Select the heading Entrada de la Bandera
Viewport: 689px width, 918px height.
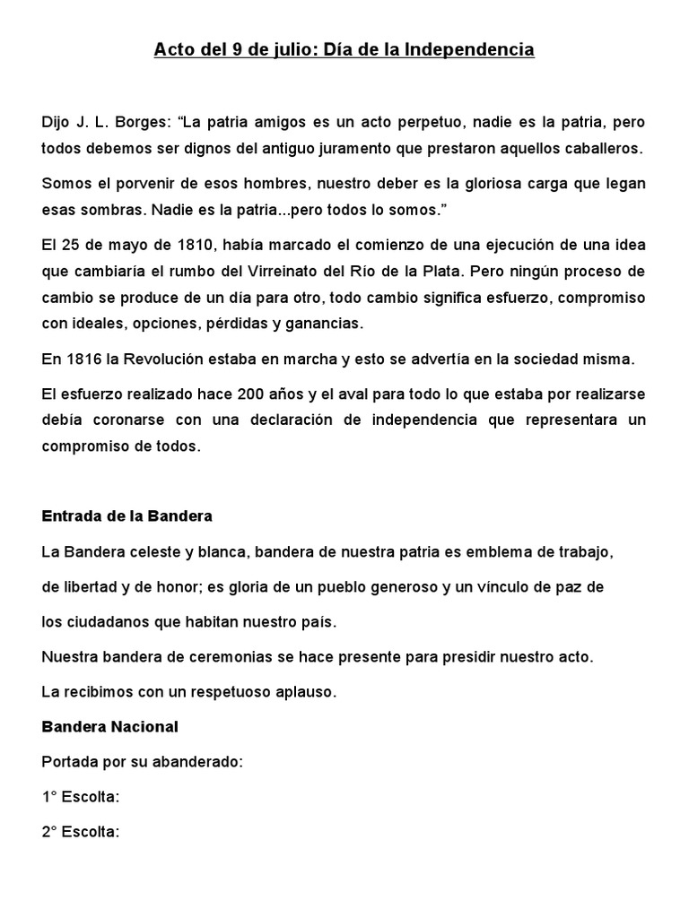[x=126, y=517]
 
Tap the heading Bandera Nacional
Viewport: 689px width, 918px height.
[x=110, y=725]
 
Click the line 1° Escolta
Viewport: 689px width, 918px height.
[x=81, y=796]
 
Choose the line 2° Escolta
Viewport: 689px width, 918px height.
[x=81, y=831]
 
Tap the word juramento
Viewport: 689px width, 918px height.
[x=342, y=147]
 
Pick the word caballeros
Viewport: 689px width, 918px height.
[x=595, y=147]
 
